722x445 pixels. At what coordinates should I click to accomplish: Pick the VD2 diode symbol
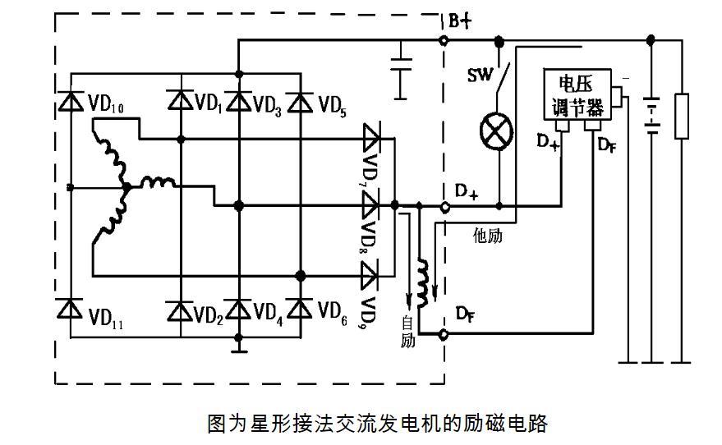[x=181, y=310]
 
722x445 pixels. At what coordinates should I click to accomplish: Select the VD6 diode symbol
[x=301, y=310]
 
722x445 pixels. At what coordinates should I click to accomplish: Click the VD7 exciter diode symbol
[x=373, y=135]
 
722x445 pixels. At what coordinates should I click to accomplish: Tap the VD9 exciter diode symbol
[x=373, y=273]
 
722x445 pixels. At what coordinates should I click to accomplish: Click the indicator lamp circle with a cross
[x=497, y=131]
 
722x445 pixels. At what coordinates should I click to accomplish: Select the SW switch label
[x=479, y=76]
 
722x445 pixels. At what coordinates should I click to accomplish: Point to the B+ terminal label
[x=461, y=21]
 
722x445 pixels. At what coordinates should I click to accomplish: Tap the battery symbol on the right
[x=651, y=115]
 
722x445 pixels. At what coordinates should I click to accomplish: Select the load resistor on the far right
[x=681, y=116]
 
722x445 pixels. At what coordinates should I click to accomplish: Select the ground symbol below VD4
[x=238, y=349]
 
